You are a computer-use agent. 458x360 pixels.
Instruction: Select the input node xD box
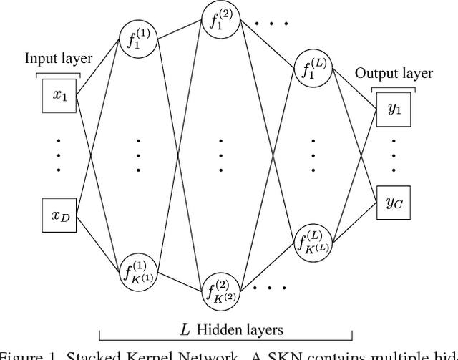(59, 215)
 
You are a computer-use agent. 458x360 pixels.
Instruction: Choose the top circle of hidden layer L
(313, 69)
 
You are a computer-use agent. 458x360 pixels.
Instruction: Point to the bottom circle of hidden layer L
(313, 241)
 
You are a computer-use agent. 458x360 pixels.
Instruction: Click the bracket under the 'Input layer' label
(59, 74)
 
